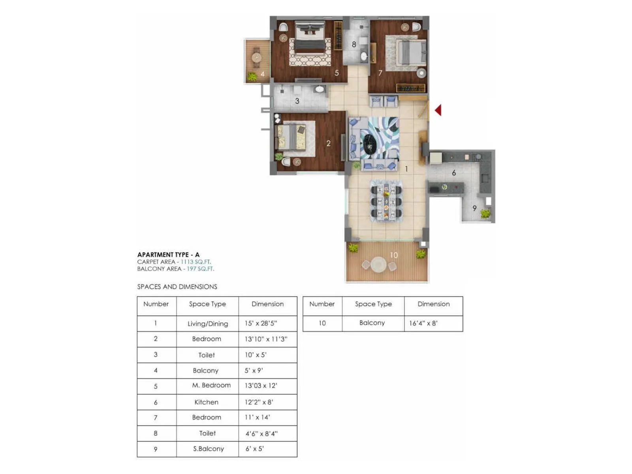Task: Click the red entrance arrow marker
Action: click(x=438, y=110)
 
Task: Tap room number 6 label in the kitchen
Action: click(x=454, y=173)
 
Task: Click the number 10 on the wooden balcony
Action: click(x=394, y=255)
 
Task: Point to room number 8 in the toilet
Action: click(x=354, y=44)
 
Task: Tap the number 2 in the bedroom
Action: click(x=328, y=143)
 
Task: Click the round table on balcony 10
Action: click(x=378, y=265)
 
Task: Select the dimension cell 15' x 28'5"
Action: click(x=261, y=323)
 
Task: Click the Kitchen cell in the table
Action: click(x=206, y=402)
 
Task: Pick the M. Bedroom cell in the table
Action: click(x=211, y=385)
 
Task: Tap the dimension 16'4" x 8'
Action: click(x=423, y=323)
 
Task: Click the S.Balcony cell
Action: click(x=208, y=449)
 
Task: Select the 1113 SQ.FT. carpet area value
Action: click(x=196, y=262)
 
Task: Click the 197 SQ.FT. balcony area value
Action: click(x=200, y=269)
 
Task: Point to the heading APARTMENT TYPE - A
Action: click(x=168, y=255)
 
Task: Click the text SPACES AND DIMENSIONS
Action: click(x=177, y=287)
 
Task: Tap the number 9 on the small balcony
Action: click(x=474, y=208)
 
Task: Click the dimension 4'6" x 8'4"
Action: click(x=261, y=433)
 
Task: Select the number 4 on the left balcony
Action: click(x=262, y=74)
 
